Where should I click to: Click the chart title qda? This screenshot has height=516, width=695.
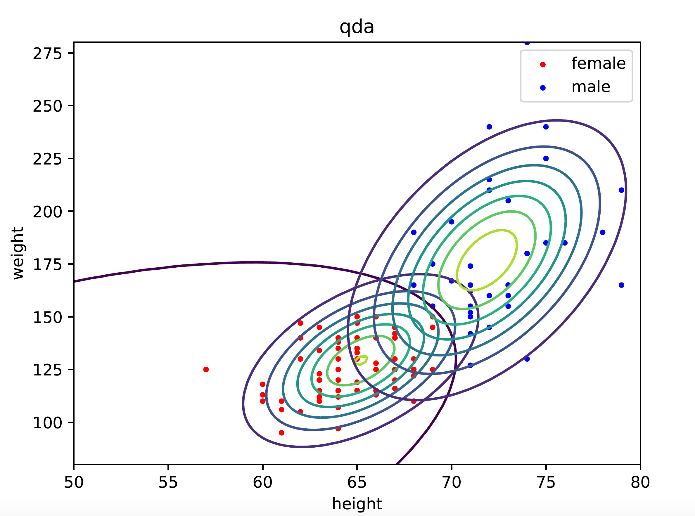coord(357,27)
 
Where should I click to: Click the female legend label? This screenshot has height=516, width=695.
coord(599,63)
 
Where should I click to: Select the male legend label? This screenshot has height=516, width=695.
coord(591,87)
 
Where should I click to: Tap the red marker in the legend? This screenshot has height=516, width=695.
coord(543,65)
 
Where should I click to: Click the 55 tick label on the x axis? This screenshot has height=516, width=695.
coord(168,483)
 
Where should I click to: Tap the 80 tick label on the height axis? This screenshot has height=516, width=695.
coord(640,483)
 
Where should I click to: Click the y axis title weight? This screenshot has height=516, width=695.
coord(18,253)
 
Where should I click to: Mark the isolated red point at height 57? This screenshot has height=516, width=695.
coord(206,370)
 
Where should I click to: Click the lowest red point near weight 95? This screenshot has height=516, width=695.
coord(281,433)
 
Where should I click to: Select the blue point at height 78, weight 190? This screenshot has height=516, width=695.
coord(603,232)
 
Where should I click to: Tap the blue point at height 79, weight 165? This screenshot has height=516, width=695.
coord(621,285)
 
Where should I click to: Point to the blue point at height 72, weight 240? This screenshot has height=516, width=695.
coord(489,127)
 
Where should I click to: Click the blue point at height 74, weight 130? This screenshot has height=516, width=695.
coord(527,359)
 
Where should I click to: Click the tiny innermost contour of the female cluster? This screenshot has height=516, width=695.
coord(362,360)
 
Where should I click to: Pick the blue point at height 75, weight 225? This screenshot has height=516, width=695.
coord(546,158)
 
